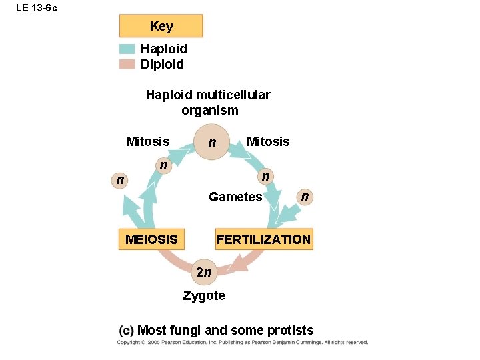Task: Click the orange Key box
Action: tap(161, 26)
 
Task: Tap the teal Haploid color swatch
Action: tap(127, 49)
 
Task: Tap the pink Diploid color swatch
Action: tap(127, 64)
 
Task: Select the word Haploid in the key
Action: tap(163, 49)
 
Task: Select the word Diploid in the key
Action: tap(162, 64)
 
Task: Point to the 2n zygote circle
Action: tap(203, 272)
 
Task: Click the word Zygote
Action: tap(204, 295)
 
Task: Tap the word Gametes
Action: tap(235, 197)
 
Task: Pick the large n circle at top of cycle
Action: tap(211, 142)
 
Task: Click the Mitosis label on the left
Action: tap(147, 141)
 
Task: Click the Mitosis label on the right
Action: tap(268, 141)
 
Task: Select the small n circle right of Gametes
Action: tap(304, 196)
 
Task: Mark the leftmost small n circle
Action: tap(119, 179)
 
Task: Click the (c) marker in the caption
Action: tap(126, 330)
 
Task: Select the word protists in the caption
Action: tap(289, 330)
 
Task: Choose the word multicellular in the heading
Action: tap(233, 95)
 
